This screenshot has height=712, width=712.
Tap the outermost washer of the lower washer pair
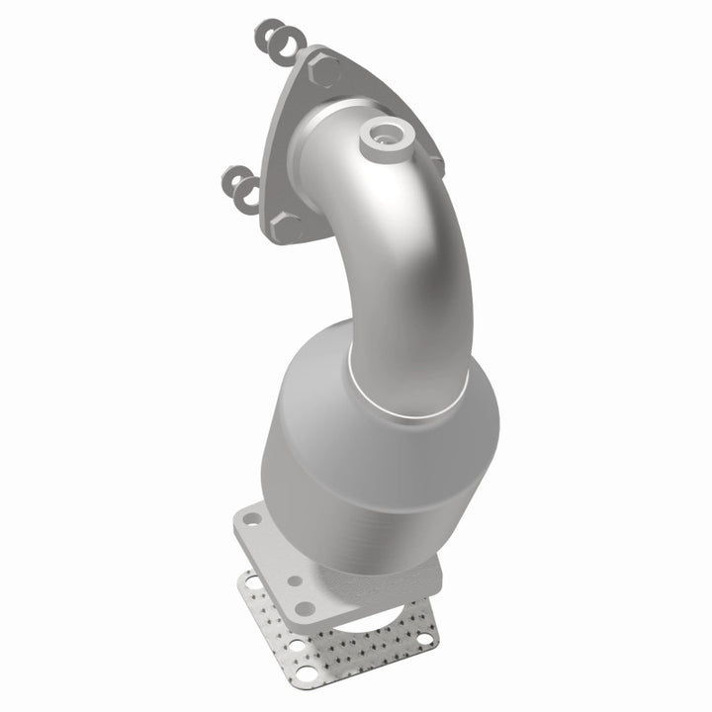pos(233,180)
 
